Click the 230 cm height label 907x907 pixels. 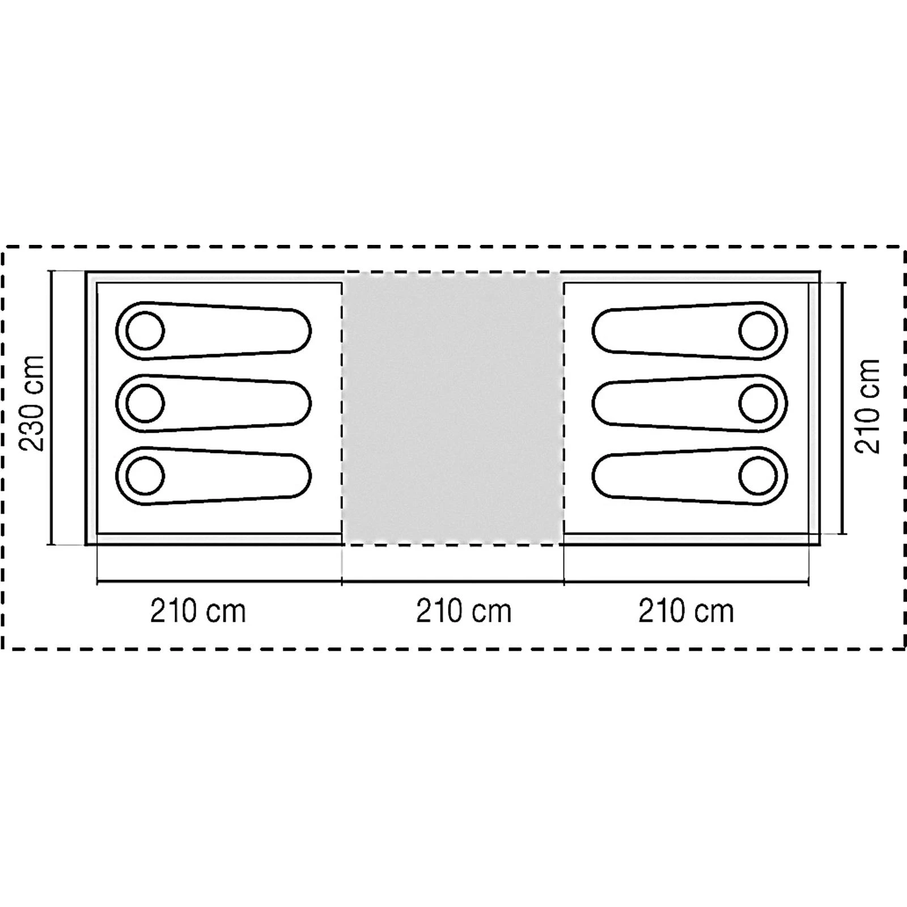click(32, 403)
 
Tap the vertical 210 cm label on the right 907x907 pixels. click(867, 406)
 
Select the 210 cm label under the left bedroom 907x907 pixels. click(198, 612)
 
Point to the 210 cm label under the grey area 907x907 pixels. click(464, 612)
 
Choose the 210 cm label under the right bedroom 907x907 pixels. click(686, 612)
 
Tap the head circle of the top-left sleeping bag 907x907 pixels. click(145, 330)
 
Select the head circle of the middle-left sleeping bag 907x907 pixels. click(145, 403)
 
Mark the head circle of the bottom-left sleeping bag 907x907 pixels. click(145, 476)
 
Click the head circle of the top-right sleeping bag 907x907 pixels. click(758, 330)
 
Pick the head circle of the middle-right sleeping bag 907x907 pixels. click(758, 403)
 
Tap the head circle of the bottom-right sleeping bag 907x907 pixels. click(758, 476)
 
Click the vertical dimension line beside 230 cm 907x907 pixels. click(52, 408)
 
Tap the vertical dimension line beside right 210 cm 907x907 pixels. click(844, 408)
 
